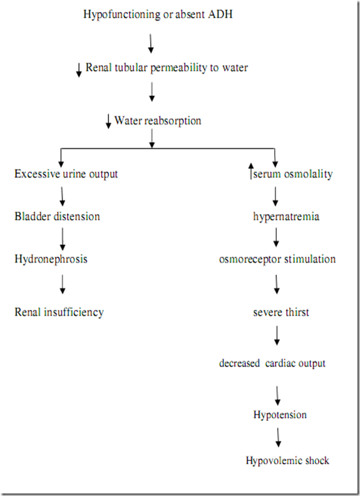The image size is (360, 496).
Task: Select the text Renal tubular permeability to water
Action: [x=167, y=68]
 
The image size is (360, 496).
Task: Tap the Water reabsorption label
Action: [x=158, y=120]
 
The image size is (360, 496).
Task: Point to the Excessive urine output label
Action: [x=66, y=174]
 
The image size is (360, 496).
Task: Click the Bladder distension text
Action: [x=57, y=217]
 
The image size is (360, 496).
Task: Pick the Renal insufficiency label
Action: [x=59, y=311]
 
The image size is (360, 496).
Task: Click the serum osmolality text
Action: [x=293, y=174]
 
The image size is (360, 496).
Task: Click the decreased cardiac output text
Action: [x=272, y=363]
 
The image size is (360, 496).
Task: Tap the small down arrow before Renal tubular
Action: [x=79, y=70]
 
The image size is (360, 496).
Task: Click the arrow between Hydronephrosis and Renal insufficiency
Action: [x=63, y=285]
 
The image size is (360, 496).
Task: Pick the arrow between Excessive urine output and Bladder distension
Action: [x=63, y=195]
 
